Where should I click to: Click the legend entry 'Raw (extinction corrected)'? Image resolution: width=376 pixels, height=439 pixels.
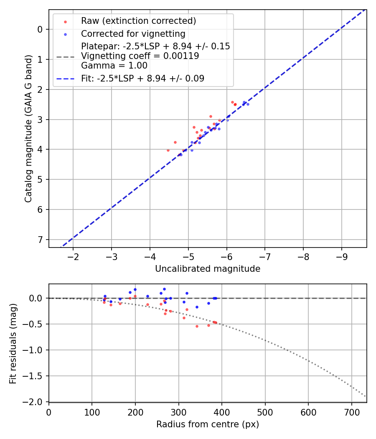click(x=138, y=21)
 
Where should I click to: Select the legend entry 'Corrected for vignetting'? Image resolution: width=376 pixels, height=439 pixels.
click(x=133, y=33)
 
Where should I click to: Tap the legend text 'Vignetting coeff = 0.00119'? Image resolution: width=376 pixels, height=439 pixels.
click(x=140, y=56)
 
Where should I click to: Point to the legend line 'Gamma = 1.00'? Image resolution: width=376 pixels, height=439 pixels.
click(x=114, y=66)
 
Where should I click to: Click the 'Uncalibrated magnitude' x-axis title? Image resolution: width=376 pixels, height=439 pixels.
click(x=208, y=269)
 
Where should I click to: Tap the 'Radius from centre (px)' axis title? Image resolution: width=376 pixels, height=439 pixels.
click(x=208, y=424)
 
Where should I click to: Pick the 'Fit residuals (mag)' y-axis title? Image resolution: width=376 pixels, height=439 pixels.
click(x=13, y=343)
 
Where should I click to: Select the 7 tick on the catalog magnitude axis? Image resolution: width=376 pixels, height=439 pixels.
click(x=41, y=240)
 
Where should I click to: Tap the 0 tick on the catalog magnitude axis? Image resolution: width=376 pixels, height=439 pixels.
click(x=41, y=29)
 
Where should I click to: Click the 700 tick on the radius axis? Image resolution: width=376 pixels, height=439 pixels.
click(x=351, y=411)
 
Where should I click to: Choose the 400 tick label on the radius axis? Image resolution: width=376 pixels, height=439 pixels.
click(x=222, y=411)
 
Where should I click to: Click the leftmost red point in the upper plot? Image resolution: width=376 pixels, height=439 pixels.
click(x=168, y=150)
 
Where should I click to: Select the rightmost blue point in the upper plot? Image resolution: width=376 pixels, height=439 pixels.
click(x=248, y=104)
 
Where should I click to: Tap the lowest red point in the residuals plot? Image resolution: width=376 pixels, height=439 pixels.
click(x=197, y=326)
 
